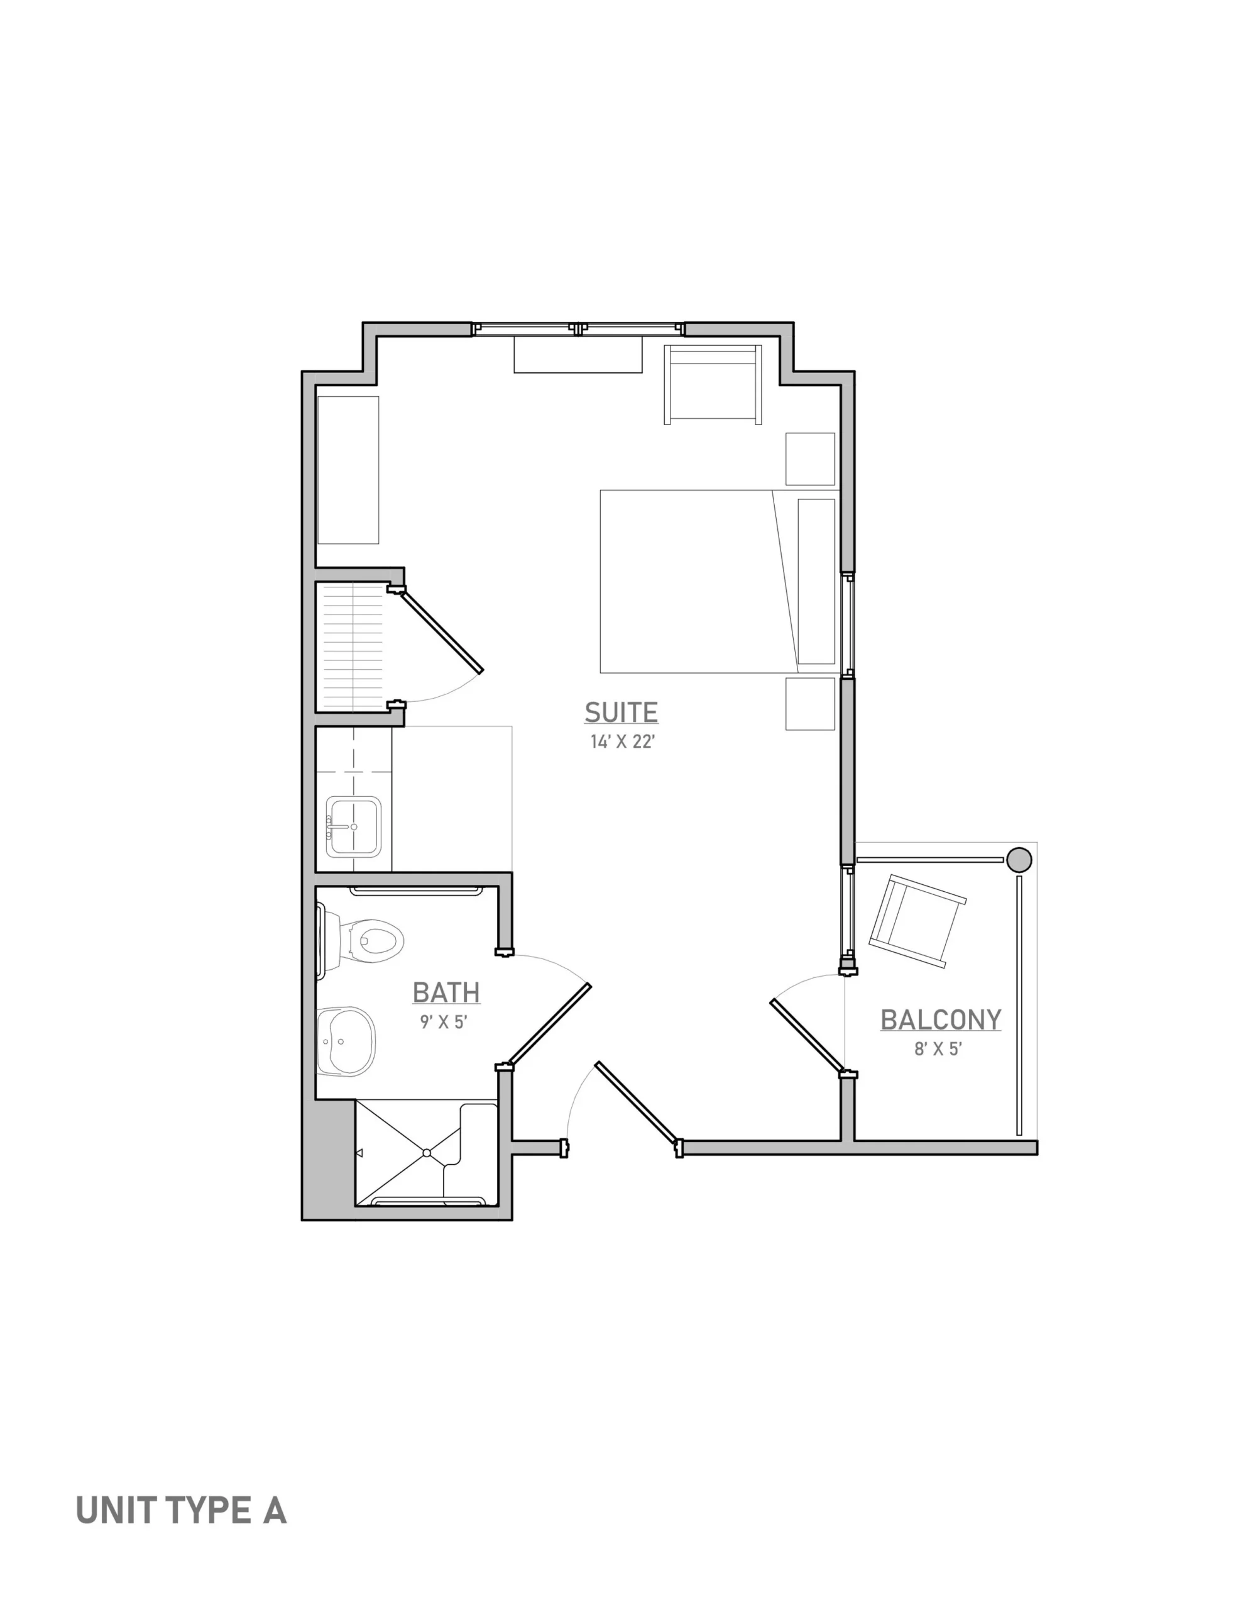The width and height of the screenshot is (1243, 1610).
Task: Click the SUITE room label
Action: [621, 713]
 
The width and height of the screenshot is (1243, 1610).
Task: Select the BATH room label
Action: [446, 992]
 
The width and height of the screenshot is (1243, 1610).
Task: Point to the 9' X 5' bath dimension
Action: [444, 1022]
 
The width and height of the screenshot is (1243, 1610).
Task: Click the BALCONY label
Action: [941, 1020]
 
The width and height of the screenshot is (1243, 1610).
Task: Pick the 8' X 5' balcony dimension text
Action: [939, 1049]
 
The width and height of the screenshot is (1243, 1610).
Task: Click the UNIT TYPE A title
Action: [181, 1511]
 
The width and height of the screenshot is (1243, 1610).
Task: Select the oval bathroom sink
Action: [346, 1041]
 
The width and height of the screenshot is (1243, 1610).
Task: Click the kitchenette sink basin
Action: [354, 826]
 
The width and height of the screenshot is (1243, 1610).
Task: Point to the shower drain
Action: [427, 1152]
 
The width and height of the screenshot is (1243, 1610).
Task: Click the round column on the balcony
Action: [1019, 860]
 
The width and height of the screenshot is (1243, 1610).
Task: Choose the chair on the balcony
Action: [917, 921]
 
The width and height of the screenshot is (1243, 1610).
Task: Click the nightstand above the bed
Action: [810, 458]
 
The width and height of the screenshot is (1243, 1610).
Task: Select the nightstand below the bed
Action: [810, 704]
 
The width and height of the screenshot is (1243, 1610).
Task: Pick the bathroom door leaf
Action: [549, 1025]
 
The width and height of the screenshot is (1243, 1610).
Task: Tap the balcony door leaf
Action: [808, 1036]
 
